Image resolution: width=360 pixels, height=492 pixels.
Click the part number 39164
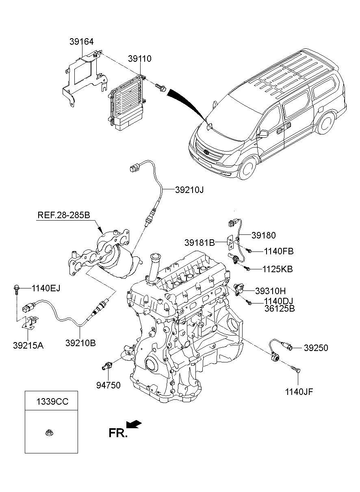click(82, 41)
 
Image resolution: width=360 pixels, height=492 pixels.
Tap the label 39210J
click(189, 190)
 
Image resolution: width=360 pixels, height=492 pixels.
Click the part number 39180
click(263, 235)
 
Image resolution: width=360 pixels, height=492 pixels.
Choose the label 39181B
click(199, 243)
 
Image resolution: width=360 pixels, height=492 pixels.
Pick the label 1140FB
click(278, 251)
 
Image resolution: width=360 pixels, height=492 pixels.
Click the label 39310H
click(271, 291)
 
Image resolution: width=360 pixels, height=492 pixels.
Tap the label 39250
click(316, 348)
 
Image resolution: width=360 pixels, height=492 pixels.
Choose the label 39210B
click(80, 343)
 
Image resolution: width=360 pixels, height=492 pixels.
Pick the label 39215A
click(28, 346)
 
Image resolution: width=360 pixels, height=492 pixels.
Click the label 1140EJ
click(46, 288)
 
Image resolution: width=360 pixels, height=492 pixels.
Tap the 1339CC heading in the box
click(51, 402)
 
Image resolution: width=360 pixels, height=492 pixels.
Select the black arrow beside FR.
click(134, 424)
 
